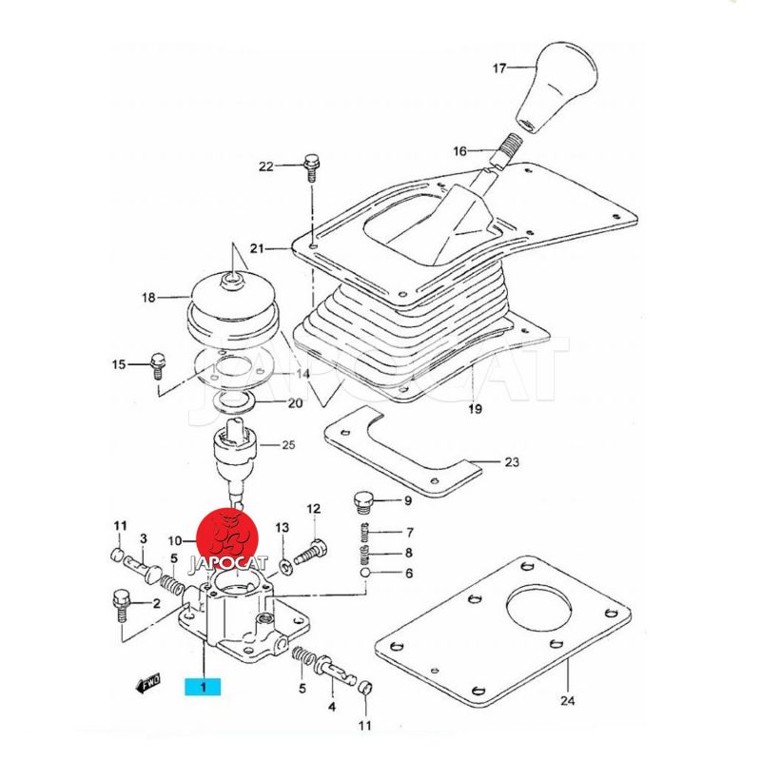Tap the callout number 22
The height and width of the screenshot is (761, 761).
point(266,166)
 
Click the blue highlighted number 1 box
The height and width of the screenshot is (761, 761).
point(204,685)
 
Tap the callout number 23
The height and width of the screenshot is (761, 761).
point(512,463)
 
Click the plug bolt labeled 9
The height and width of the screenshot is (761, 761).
point(362,501)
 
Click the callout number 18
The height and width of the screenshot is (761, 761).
point(149,298)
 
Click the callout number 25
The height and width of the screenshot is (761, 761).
point(288,445)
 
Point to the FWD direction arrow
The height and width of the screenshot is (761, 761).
point(148,682)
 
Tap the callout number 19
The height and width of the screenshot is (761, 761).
point(475,409)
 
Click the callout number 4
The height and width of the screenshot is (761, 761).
point(333,707)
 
